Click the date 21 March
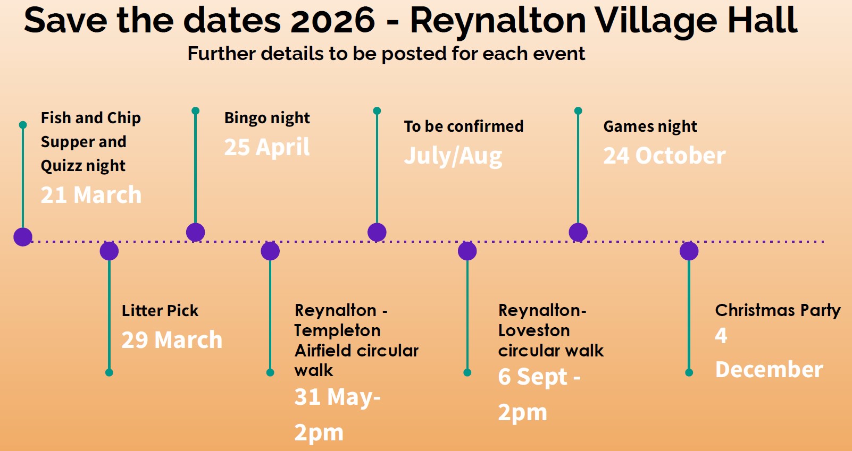click(x=91, y=195)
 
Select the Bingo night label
click(x=267, y=118)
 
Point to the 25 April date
click(x=267, y=147)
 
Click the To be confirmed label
click(x=463, y=126)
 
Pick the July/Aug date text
click(x=453, y=156)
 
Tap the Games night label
click(x=650, y=126)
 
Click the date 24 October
click(x=664, y=156)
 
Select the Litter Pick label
click(x=160, y=310)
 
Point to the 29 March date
click(x=172, y=340)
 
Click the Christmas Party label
click(x=778, y=310)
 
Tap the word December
click(x=769, y=370)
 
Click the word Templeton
click(x=337, y=330)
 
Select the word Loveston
click(x=534, y=330)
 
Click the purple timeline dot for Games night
click(x=578, y=232)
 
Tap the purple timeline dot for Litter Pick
click(x=109, y=251)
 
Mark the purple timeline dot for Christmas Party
click(x=689, y=251)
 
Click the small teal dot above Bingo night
click(x=195, y=111)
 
